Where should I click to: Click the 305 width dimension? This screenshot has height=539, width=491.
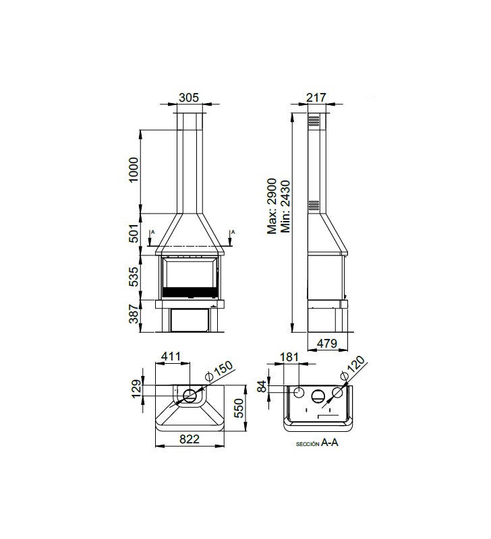coord(189,98)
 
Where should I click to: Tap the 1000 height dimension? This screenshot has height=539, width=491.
coord(133,170)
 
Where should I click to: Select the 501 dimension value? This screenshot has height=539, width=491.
coord(134,233)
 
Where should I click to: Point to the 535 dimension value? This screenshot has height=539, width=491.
coord(134,277)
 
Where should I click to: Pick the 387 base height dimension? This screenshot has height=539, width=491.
coord(134,315)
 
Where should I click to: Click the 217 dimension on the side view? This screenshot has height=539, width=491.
coord(316,98)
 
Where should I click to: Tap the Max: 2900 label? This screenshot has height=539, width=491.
coord(272,206)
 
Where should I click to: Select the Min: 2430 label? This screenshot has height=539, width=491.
coord(285,207)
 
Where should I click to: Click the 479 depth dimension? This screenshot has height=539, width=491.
coord(327,343)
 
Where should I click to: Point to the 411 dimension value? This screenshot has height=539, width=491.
coord(171,356)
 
